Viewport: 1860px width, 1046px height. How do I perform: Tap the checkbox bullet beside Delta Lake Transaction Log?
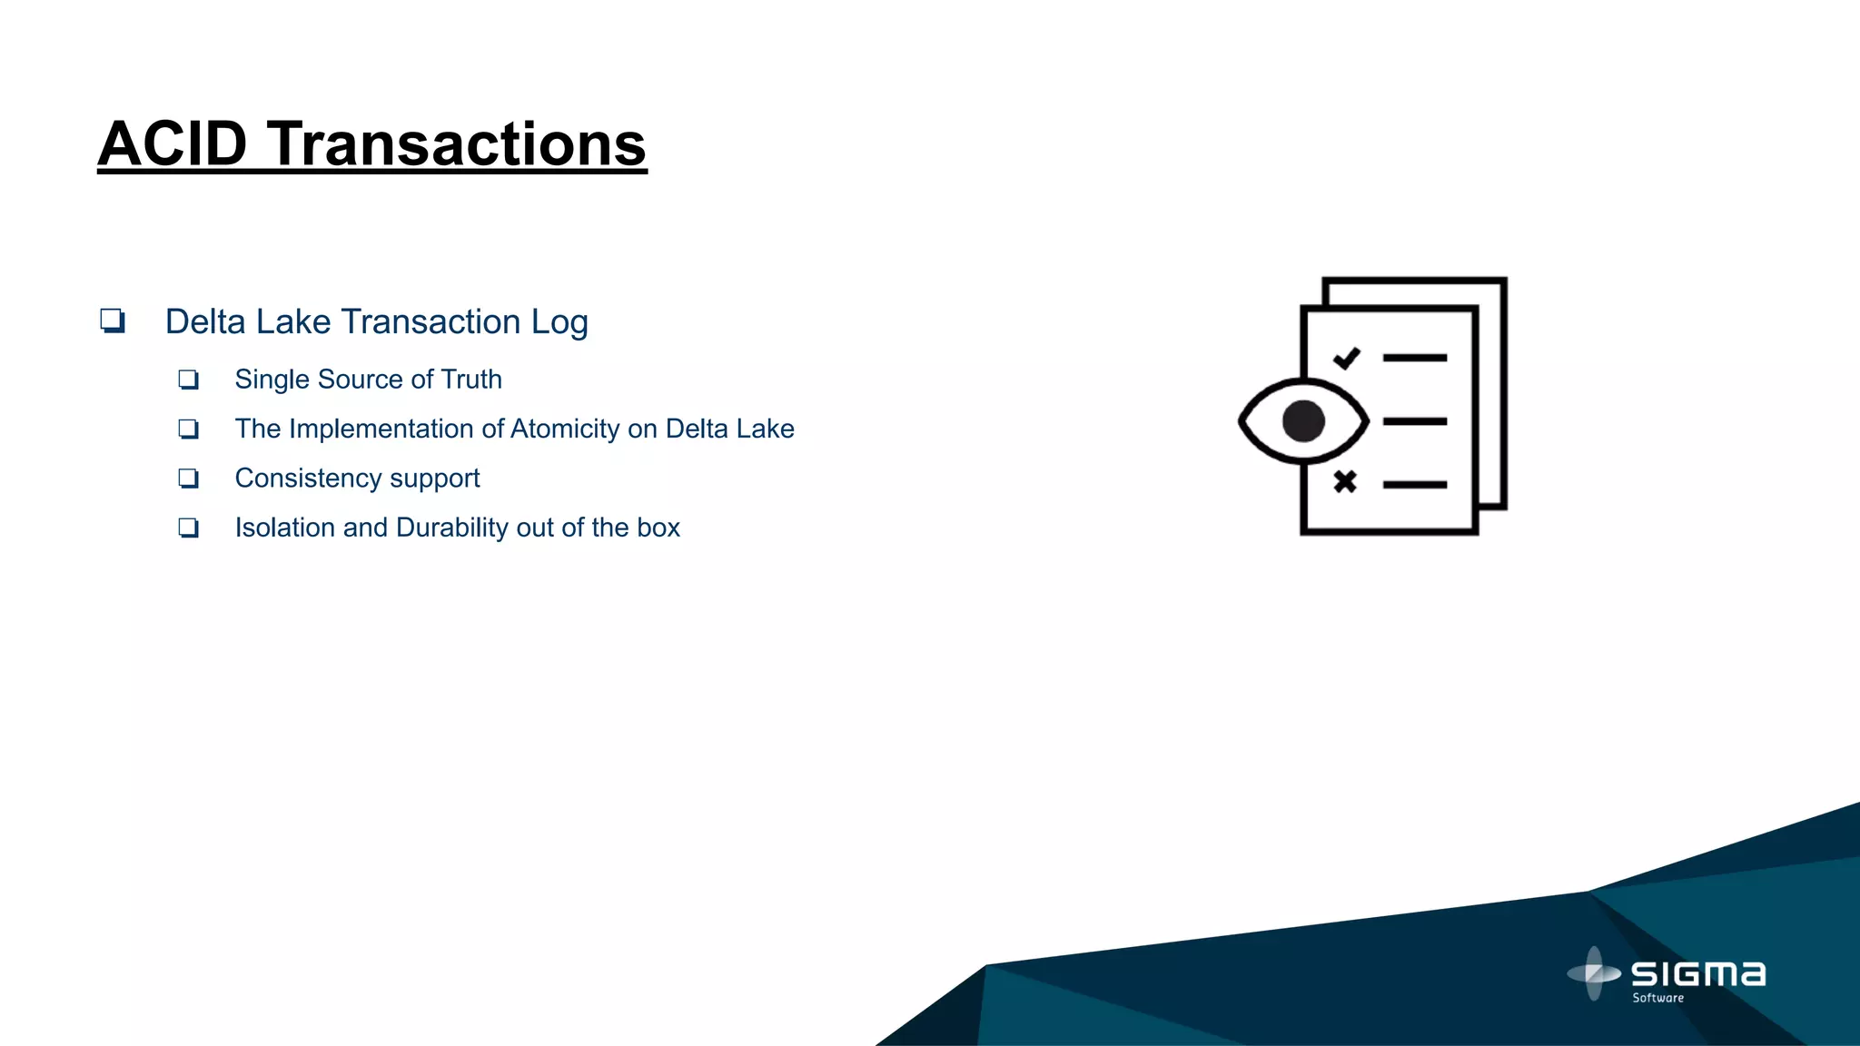pyautogui.click(x=113, y=321)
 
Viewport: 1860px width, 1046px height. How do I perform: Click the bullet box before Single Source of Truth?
pyautogui.click(x=188, y=380)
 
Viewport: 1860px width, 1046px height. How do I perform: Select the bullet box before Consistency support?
pyautogui.click(x=188, y=479)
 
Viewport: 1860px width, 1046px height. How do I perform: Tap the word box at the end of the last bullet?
pyautogui.click(x=658, y=528)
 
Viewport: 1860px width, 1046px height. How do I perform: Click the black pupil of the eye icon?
pyautogui.click(x=1303, y=421)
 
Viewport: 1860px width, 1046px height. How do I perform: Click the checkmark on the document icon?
pyautogui.click(x=1346, y=359)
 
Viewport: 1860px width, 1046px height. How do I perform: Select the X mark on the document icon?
pyautogui.click(x=1345, y=481)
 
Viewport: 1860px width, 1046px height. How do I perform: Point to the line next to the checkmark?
pyautogui.click(x=1414, y=359)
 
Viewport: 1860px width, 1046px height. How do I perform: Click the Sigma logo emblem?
pyautogui.click(x=1594, y=973)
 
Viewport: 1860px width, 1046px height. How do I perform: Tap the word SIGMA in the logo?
pyautogui.click(x=1698, y=974)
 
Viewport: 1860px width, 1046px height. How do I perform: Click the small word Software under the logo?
pyautogui.click(x=1657, y=998)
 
